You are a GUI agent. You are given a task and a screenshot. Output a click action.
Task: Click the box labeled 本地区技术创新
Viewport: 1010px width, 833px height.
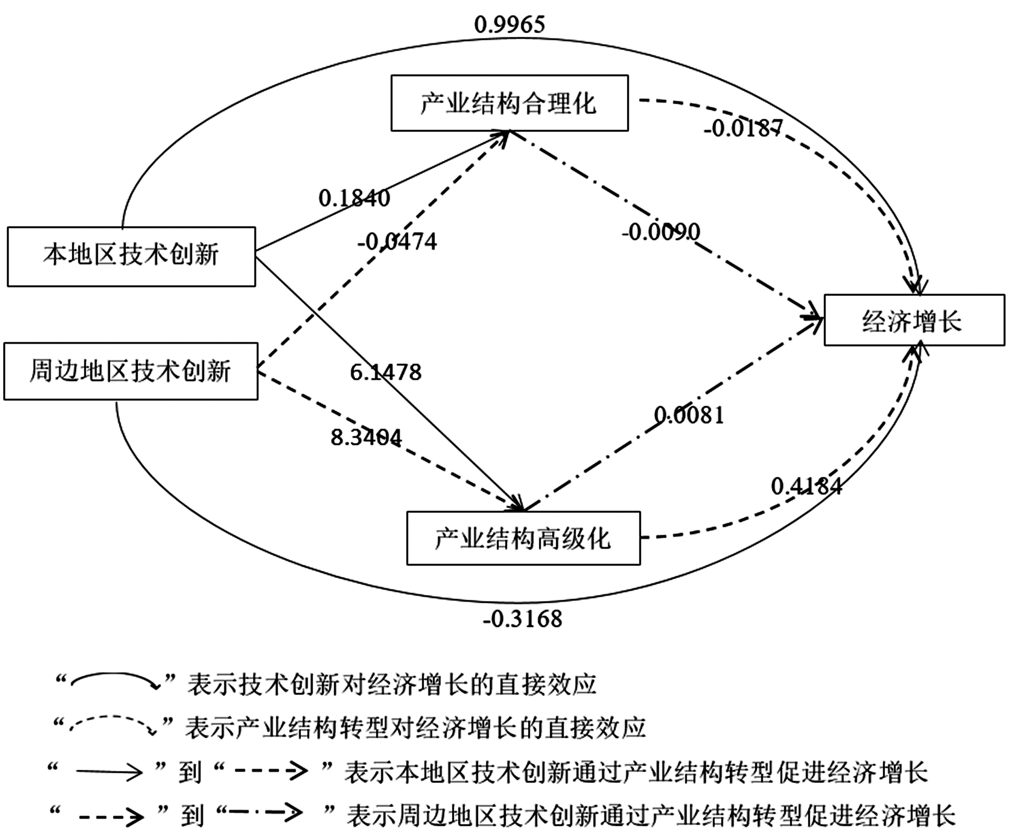131,256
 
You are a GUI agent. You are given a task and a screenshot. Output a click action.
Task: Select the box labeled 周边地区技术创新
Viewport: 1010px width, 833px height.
130,371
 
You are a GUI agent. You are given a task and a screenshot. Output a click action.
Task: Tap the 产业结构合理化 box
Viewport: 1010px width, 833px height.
509,103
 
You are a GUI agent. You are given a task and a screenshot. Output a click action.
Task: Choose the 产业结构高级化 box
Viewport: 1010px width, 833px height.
523,538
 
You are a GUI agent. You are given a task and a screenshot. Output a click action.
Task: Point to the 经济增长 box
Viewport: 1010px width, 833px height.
913,320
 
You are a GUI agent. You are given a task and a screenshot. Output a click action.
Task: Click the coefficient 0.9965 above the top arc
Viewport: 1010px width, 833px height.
510,24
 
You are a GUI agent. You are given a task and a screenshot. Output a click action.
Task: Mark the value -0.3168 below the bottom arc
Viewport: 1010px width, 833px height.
523,619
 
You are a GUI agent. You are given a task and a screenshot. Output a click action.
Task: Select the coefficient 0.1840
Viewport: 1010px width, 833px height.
354,198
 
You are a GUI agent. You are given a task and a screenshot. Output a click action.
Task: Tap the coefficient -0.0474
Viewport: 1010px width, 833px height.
397,241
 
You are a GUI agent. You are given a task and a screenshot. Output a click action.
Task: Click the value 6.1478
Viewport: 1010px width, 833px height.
385,372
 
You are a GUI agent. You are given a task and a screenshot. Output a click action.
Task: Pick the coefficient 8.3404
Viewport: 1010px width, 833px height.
366,437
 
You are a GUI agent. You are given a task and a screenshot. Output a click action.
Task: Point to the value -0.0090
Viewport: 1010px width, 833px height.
661,232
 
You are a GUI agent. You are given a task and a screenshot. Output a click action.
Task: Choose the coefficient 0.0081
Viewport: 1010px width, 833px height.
689,415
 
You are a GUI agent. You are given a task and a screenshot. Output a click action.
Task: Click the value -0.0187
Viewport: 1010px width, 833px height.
743,128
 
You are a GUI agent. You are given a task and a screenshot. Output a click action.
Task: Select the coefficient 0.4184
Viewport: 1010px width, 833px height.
806,487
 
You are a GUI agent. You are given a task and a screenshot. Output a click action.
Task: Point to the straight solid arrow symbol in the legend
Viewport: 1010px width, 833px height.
109,772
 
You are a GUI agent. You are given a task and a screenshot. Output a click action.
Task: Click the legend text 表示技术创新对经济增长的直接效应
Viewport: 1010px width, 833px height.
392,684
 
